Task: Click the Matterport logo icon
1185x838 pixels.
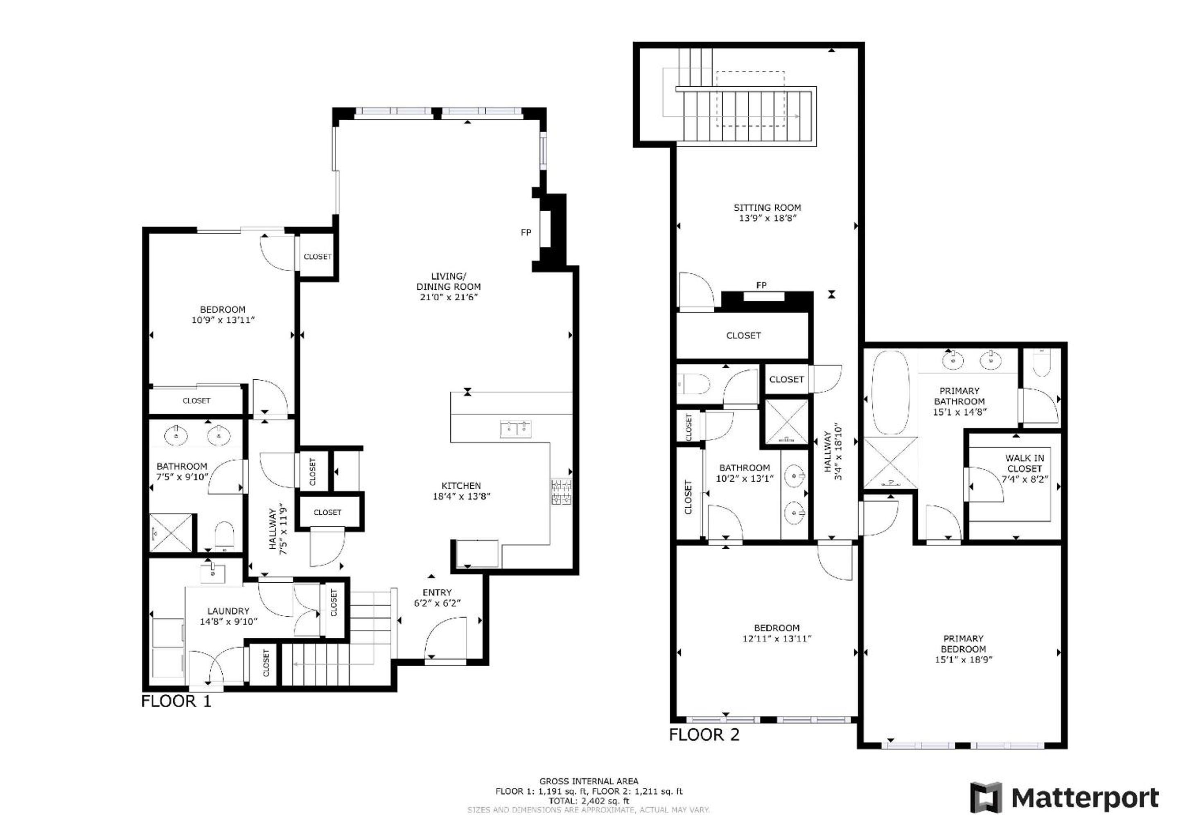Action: [x=986, y=798]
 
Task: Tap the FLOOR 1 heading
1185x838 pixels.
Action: [x=176, y=701]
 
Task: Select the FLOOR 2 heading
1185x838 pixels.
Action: [x=704, y=734]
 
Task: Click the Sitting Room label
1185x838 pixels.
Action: [x=767, y=207]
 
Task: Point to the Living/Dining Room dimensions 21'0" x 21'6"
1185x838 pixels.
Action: [x=449, y=297]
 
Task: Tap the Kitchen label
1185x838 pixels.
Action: [x=461, y=486]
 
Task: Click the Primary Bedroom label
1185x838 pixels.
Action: [x=963, y=644]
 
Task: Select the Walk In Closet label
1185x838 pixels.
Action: [x=1025, y=463]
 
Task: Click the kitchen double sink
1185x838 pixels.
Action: [x=516, y=428]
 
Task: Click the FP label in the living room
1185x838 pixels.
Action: [x=526, y=233]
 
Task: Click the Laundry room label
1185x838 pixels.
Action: [x=228, y=611]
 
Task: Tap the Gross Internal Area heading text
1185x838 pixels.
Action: [x=589, y=781]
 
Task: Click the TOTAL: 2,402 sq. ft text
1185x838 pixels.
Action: [x=589, y=801]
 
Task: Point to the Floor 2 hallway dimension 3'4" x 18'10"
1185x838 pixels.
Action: [x=839, y=453]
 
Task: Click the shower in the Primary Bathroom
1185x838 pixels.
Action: [x=891, y=463]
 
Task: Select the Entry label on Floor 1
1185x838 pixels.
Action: [x=437, y=592]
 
